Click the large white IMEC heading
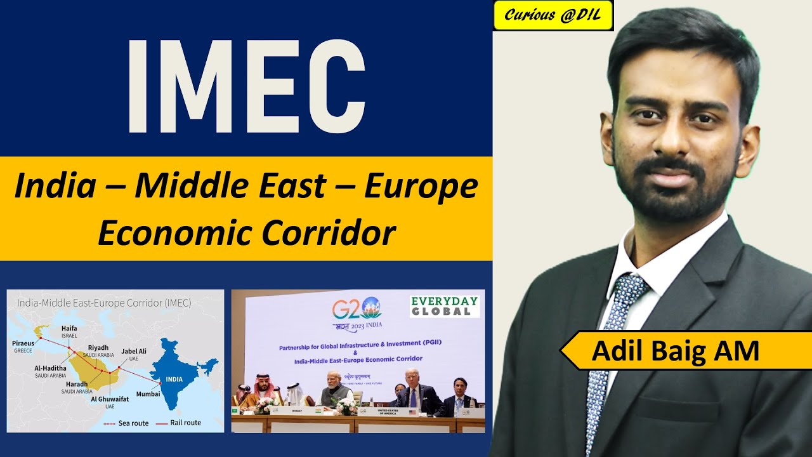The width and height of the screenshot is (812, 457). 246,86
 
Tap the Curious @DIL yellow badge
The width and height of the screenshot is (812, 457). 553,16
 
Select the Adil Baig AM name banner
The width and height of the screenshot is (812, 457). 675,350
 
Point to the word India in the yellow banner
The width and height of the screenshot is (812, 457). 55,186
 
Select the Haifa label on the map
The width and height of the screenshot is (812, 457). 69,328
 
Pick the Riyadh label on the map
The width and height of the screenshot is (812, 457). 98,347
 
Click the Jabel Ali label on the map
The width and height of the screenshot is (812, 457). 134,350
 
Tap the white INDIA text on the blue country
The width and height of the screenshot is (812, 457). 174,379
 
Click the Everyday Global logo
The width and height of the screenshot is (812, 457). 445,306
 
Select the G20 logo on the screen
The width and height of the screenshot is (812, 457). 357,309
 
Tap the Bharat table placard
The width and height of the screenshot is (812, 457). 298,411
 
